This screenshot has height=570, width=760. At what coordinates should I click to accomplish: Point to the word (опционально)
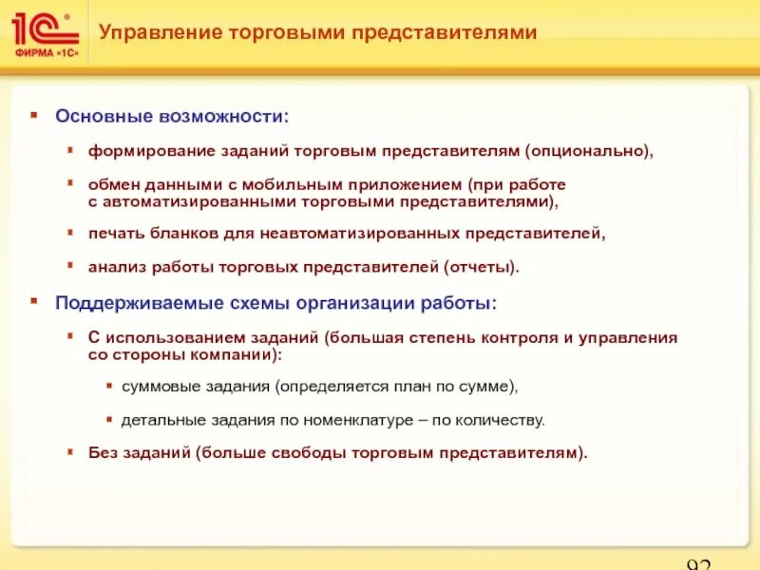tap(602, 151)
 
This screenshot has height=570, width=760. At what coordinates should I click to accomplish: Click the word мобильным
tap(257, 183)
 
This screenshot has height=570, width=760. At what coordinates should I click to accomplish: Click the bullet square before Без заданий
tap(72, 452)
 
